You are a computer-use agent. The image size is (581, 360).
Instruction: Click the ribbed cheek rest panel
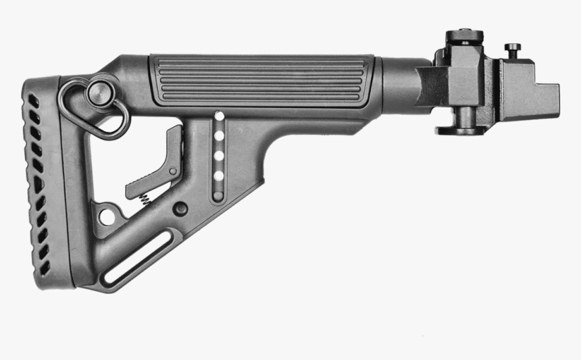(262, 80)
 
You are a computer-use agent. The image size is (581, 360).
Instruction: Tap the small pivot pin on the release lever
(174, 172)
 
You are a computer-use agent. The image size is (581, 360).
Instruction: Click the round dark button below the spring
(180, 209)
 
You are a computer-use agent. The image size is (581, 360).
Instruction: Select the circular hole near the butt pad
(106, 216)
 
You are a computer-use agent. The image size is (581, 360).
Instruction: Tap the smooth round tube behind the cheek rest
(399, 78)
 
